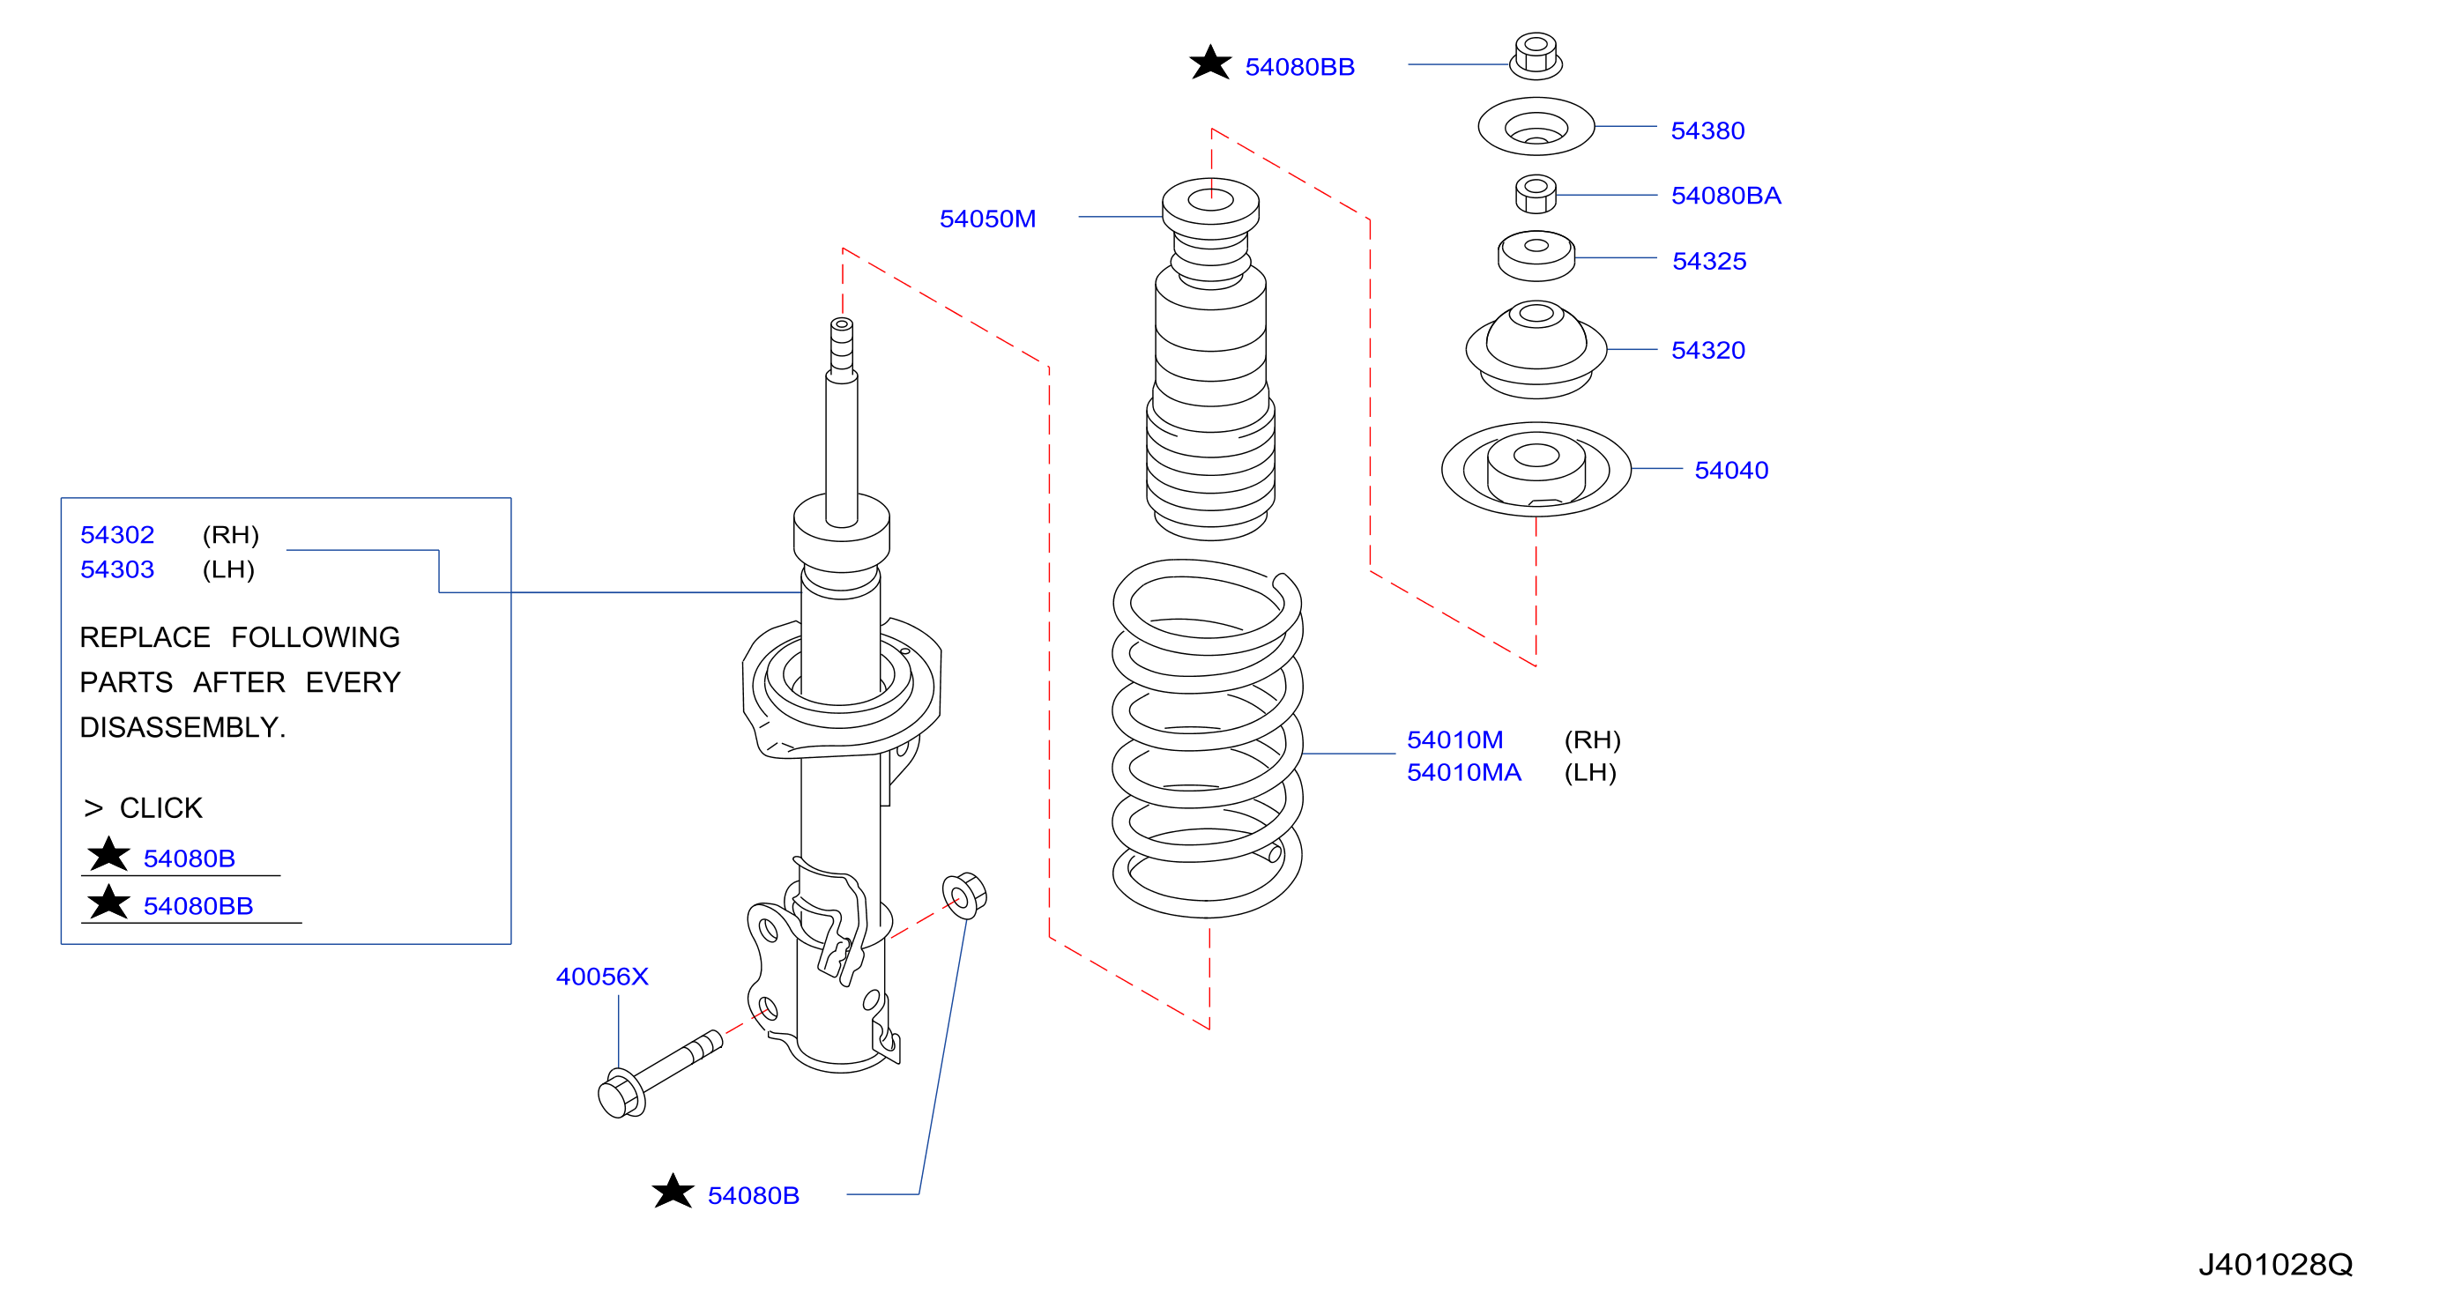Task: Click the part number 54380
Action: (x=1707, y=130)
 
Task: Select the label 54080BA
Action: (x=1726, y=196)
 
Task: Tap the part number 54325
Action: (x=1709, y=261)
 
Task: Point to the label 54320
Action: (x=1708, y=351)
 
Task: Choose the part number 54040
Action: (x=1730, y=470)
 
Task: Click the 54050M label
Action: (x=987, y=219)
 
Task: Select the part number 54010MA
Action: (x=1464, y=772)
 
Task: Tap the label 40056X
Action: (x=602, y=977)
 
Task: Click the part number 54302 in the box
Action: (x=117, y=535)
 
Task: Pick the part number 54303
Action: (x=117, y=569)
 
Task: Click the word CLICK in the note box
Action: (x=160, y=808)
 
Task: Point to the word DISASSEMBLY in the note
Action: (x=179, y=728)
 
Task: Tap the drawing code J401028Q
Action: (x=2275, y=1264)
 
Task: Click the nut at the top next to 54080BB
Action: (x=1536, y=56)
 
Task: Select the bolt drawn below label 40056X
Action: (x=659, y=1074)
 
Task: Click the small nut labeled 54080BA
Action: (x=1536, y=194)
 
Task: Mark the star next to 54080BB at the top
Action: (x=1210, y=63)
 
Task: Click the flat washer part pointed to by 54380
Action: (x=1536, y=126)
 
